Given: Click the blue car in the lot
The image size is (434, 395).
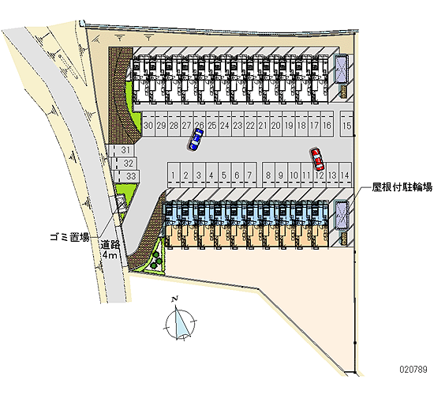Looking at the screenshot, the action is coord(196,139).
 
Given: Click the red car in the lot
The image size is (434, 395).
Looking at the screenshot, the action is coord(317,160).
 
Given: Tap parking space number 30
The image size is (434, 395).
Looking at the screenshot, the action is coord(148,123).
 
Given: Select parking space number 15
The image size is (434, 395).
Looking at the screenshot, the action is coord(347,123).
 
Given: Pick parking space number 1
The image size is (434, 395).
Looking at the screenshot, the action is coord(174,175).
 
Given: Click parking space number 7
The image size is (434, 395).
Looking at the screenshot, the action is coord(249,175).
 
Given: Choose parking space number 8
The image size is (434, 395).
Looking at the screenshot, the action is coord(268,175).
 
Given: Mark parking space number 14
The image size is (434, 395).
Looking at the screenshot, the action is coord(345,175).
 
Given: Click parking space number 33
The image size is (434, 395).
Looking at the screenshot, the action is coord(127,175).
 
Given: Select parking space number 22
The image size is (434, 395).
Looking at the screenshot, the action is coord(250,123).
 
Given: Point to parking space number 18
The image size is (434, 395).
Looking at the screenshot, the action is coord(301,123).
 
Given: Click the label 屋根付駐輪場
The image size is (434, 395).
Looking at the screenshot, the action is coord(402,187).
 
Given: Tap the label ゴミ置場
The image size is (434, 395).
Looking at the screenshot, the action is coord(69,237).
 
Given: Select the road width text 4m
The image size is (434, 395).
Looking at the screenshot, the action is coord(110,254).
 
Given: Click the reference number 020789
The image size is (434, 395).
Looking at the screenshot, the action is coord(413,369).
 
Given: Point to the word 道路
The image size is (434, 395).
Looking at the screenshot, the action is coord(110,245).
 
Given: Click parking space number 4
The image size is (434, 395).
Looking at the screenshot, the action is coord(211,175).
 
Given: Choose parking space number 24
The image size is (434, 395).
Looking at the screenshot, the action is coord(225,123).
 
